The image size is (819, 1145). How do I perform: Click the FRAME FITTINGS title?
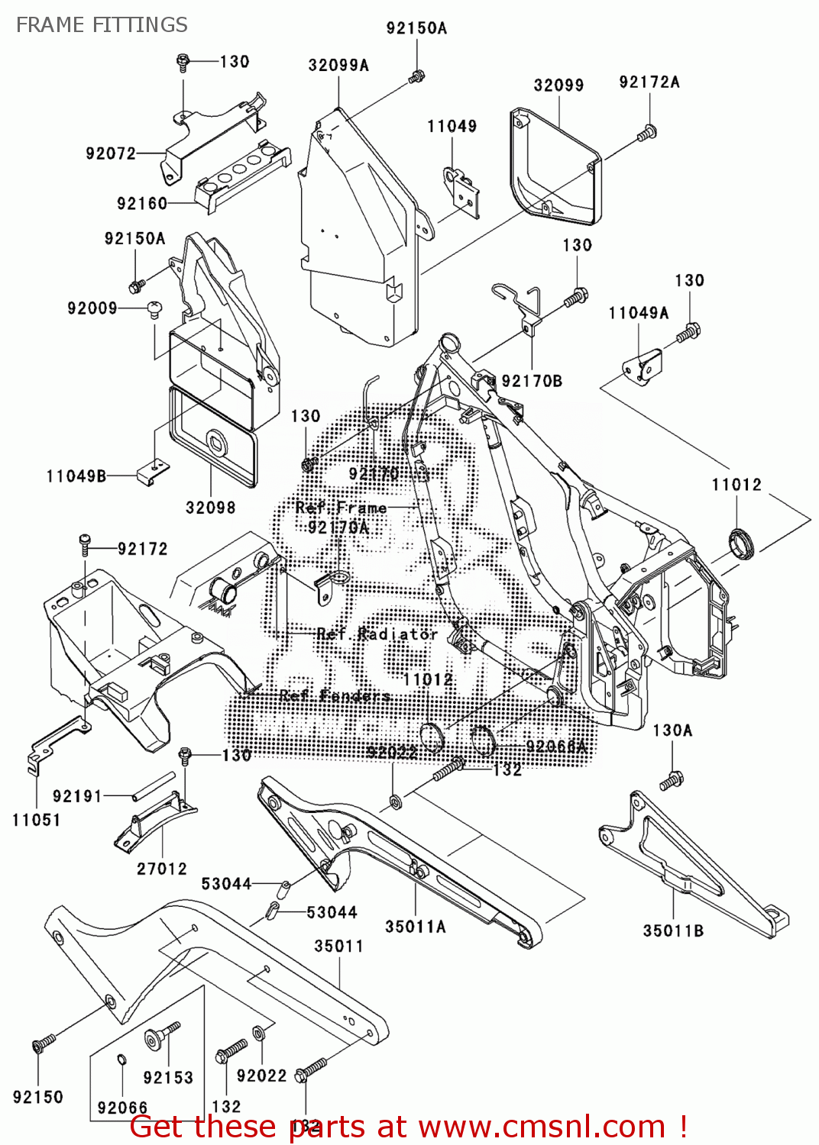click(x=102, y=25)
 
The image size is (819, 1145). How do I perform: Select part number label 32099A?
click(x=338, y=66)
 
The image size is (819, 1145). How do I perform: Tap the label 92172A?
click(x=649, y=82)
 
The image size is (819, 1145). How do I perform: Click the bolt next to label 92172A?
click(x=646, y=134)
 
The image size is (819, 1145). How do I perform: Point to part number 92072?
click(x=111, y=153)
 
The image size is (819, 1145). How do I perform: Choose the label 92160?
click(x=142, y=204)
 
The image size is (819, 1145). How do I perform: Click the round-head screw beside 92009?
click(x=155, y=309)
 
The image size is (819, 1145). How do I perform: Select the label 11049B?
click(x=76, y=476)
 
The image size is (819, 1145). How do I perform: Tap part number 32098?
click(x=211, y=508)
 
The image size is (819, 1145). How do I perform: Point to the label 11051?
click(x=36, y=821)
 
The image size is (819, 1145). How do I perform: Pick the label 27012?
click(x=162, y=869)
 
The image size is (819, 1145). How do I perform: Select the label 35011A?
click(x=416, y=927)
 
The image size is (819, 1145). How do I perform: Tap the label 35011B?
click(x=673, y=931)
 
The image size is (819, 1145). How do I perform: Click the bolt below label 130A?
click(x=672, y=781)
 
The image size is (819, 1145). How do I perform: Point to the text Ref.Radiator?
click(x=377, y=634)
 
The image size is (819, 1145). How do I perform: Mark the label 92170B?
click(x=532, y=381)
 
